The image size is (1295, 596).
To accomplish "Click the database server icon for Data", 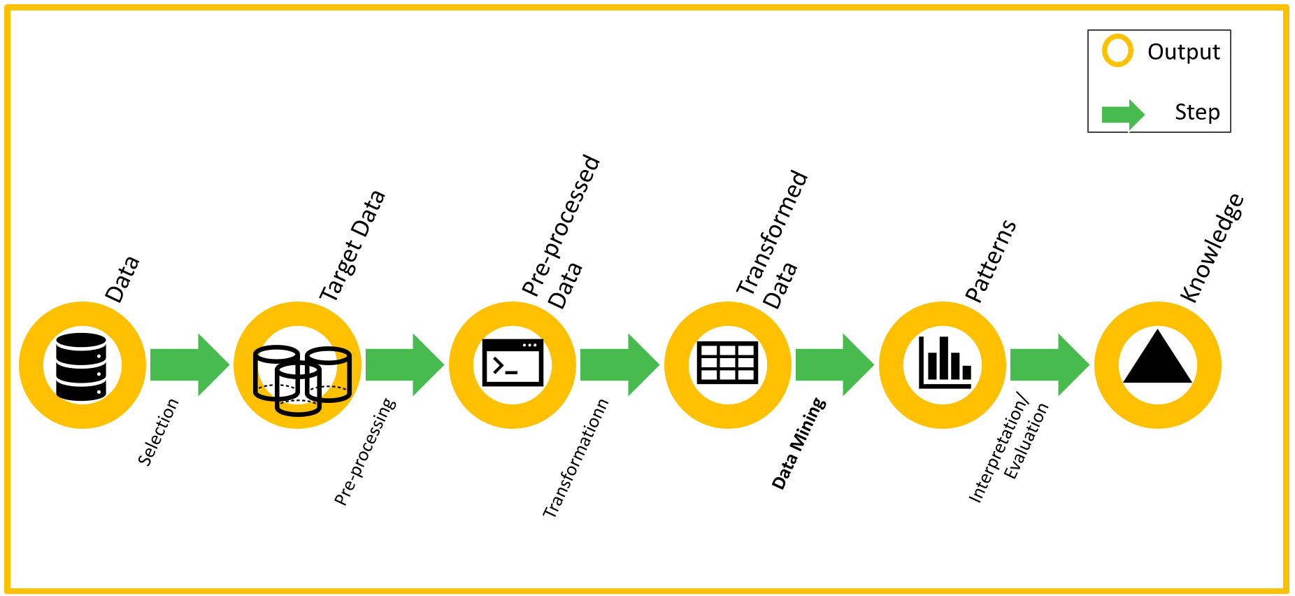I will tap(81, 367).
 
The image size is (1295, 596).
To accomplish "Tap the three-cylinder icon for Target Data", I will tap(301, 380).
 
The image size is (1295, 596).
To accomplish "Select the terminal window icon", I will tap(513, 362).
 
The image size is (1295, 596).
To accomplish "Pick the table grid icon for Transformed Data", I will tap(727, 362).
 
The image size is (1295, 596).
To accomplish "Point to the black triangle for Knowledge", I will tap(1157, 359).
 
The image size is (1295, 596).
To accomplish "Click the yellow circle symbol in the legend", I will tap(1117, 51).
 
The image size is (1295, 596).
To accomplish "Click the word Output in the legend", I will tap(1183, 52).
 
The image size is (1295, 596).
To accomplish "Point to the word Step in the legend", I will tap(1196, 112).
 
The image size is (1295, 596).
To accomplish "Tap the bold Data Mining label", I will tap(799, 444).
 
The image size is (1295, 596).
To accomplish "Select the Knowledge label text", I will tap(1212, 248).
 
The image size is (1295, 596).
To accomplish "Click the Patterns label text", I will tap(990, 261).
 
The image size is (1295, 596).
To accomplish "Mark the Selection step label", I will tap(158, 432).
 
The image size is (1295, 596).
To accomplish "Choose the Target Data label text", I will tap(352, 246).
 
